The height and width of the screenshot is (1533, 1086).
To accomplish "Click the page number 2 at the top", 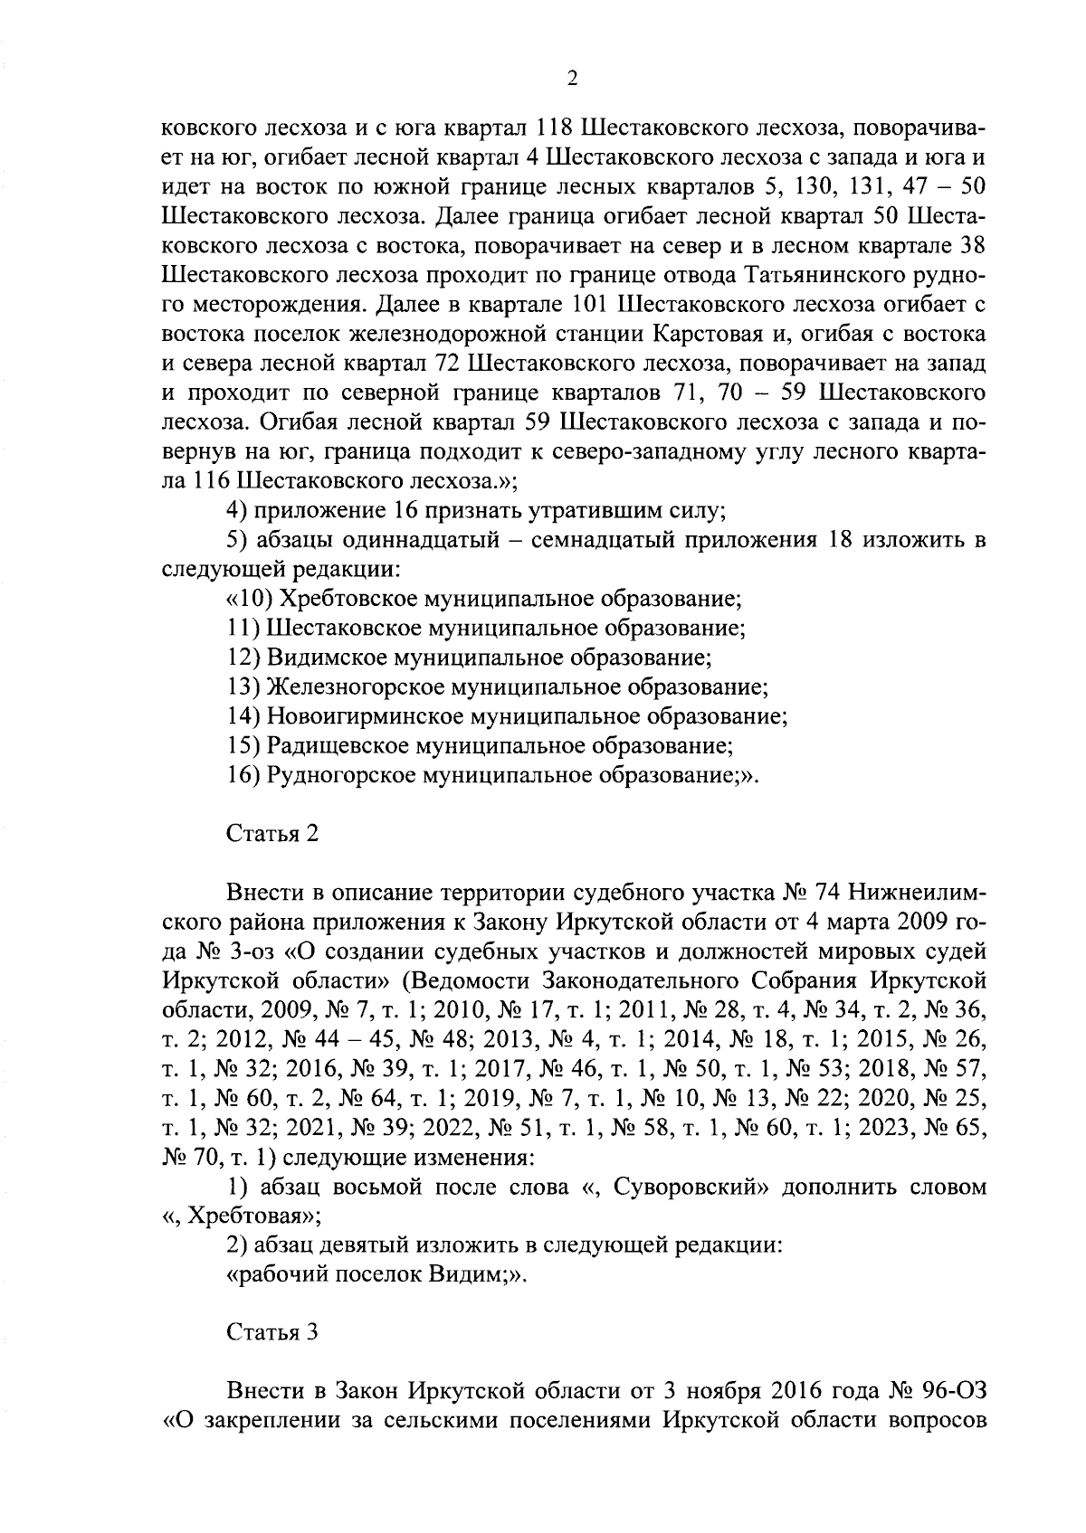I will tap(571, 79).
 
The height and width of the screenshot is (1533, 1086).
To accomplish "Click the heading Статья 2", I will tap(271, 834).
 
